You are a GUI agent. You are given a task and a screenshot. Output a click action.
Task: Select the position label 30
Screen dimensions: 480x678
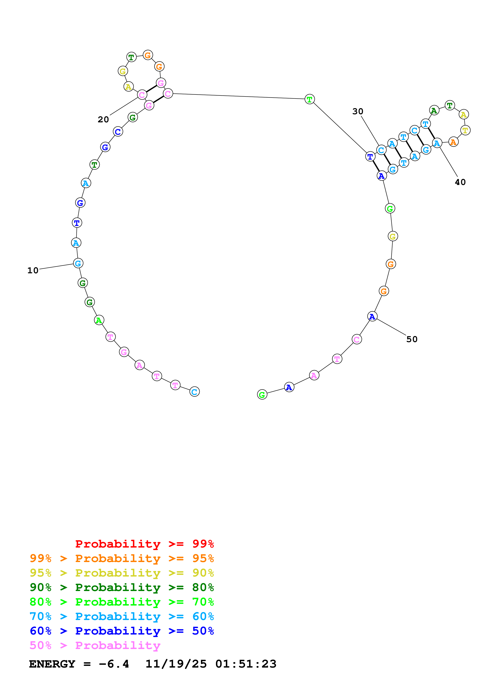(x=358, y=111)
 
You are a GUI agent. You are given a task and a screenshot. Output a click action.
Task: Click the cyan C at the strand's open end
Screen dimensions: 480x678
(x=194, y=392)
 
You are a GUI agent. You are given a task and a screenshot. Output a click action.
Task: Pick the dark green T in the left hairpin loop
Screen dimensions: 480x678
(x=131, y=57)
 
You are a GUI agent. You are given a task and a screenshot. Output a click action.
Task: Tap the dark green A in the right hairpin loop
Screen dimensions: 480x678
(x=434, y=110)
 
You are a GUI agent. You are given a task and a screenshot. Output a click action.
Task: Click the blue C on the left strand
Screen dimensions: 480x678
(x=118, y=131)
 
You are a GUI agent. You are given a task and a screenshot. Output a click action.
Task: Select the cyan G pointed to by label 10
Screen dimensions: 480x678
(x=78, y=263)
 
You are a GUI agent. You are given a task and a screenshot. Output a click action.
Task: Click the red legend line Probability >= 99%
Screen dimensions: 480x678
(x=144, y=544)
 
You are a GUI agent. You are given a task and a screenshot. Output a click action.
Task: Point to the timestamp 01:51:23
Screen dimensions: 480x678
(x=246, y=664)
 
